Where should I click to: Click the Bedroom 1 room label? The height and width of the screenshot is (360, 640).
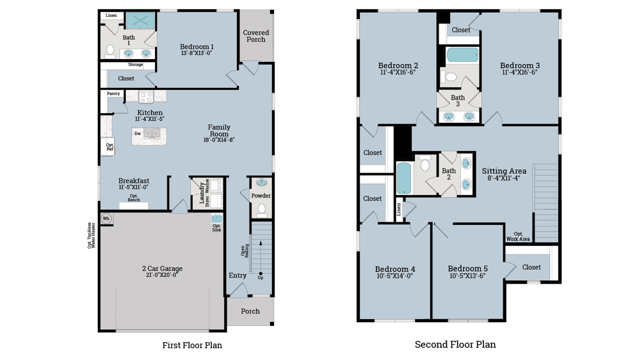[197, 47]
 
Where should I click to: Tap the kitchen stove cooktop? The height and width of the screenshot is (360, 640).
[146, 97]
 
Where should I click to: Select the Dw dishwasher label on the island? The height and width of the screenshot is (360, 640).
[137, 134]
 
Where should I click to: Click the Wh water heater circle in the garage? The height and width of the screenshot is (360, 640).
[106, 219]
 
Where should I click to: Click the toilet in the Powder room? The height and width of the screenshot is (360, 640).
[262, 209]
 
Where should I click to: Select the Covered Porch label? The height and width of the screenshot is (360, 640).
[256, 36]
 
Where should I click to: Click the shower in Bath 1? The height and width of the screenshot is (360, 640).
[140, 21]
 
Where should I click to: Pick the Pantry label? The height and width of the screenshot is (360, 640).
[113, 94]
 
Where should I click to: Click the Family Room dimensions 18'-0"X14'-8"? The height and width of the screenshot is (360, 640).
[219, 140]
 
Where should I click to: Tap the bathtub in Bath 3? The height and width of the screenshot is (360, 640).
[462, 55]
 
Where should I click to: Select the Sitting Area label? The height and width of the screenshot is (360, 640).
[504, 171]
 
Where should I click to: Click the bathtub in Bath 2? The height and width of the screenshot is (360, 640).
[404, 178]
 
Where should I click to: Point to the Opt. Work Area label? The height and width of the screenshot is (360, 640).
[518, 237]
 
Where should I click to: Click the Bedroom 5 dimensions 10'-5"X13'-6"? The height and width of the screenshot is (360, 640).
[467, 276]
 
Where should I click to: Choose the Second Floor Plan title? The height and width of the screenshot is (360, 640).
[455, 344]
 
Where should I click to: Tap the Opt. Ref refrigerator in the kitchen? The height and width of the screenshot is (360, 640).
[109, 147]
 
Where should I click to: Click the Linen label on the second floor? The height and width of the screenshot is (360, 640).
[399, 209]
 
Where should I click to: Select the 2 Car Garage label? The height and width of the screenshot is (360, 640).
[162, 268]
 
